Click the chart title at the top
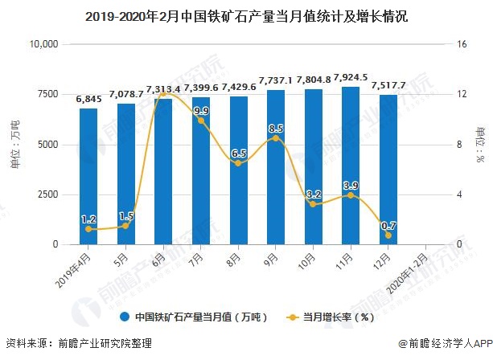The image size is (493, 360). pos(246,14)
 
